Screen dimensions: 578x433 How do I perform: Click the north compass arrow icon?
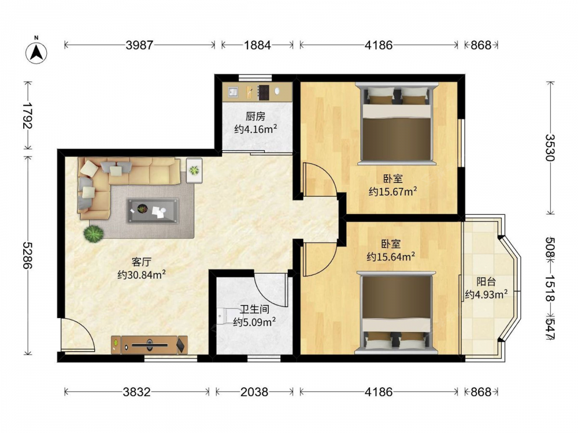36,53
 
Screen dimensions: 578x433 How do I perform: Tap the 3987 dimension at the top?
139,45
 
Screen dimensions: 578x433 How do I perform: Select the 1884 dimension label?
257,45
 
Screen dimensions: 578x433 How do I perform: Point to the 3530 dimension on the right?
550,148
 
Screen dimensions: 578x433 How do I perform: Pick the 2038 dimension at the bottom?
254,392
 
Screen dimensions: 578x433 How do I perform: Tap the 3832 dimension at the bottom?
137,392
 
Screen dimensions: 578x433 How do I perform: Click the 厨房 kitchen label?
255,117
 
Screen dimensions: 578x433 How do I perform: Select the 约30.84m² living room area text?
142,275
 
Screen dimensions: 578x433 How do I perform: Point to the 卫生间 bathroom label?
254,309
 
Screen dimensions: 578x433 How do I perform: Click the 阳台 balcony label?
486,282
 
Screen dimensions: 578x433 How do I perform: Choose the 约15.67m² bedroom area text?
393,192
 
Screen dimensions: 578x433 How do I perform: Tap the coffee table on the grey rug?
153,211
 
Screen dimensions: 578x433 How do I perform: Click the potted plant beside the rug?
93,233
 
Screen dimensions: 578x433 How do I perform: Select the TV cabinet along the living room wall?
150,345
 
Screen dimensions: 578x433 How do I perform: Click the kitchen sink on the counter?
234,91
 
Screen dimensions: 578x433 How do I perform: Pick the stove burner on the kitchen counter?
264,92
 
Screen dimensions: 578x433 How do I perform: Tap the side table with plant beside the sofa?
194,170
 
